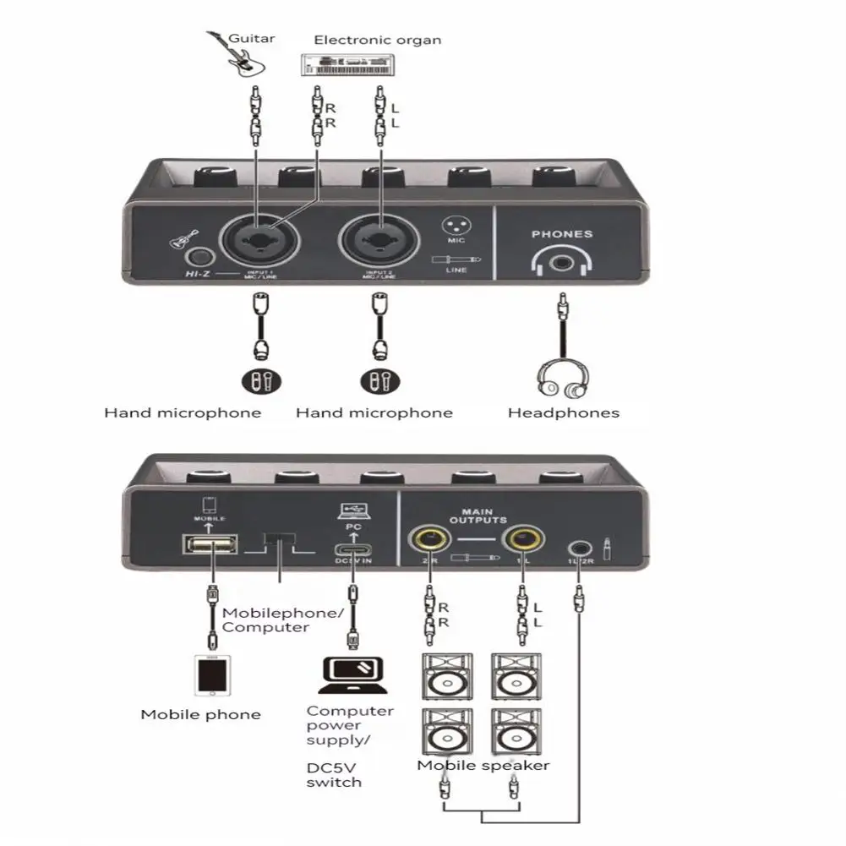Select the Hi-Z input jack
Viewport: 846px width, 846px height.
[x=200, y=258]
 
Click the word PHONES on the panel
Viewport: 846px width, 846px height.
[x=562, y=234]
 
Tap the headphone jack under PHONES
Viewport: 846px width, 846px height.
[x=561, y=264]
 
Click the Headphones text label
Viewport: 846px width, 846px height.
[x=563, y=413]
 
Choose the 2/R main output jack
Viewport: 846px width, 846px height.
[x=429, y=538]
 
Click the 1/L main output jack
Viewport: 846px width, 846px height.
[x=521, y=538]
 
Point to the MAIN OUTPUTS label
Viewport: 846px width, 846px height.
[x=483, y=516]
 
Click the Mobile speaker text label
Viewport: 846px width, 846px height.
[x=483, y=766]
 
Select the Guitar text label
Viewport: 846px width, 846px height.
[x=251, y=37]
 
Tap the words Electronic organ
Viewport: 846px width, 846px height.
[x=377, y=40]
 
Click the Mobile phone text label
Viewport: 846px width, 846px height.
[x=200, y=715]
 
